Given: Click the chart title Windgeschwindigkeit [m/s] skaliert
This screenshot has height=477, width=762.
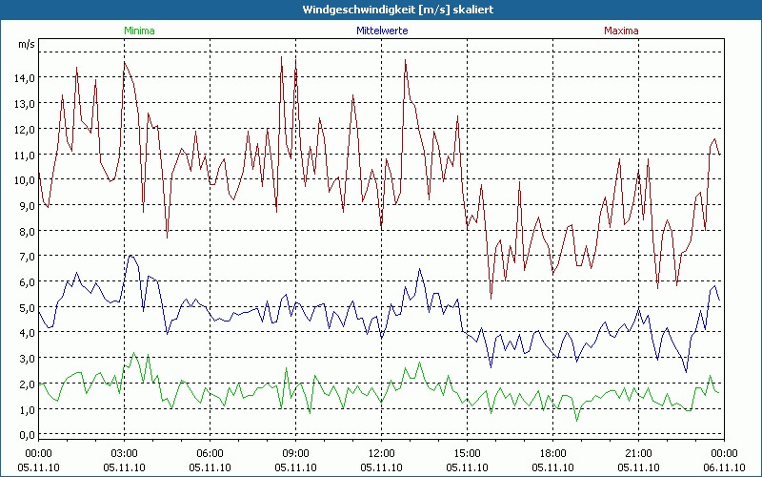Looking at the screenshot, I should pos(381,9).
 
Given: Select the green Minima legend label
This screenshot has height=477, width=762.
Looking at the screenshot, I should pos(139,31).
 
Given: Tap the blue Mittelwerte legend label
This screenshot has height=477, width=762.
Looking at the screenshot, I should pos(381,31).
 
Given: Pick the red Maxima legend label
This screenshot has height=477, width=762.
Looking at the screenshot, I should pos(621,31).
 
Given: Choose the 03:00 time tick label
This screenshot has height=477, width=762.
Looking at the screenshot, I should pos(124,453).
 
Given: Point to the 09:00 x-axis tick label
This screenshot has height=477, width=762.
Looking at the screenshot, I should pos(295,453).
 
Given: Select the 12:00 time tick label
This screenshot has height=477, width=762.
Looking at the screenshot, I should pos(381,453).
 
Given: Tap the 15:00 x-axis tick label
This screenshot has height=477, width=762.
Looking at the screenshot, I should pos(467,453).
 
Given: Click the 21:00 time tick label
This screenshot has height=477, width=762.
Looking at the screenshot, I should pos(638,453).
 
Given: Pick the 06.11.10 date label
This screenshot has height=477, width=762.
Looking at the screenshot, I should pos(724,467).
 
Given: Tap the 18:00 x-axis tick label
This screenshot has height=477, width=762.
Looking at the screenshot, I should pos(552,453).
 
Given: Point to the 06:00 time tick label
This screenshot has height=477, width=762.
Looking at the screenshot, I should pos(210,453).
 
